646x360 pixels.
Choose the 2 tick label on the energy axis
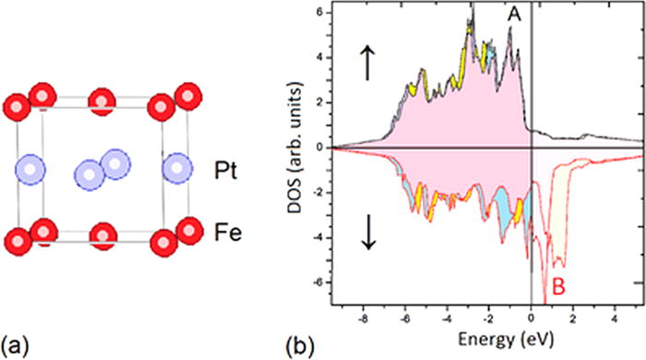pyautogui.click(x=573, y=315)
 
